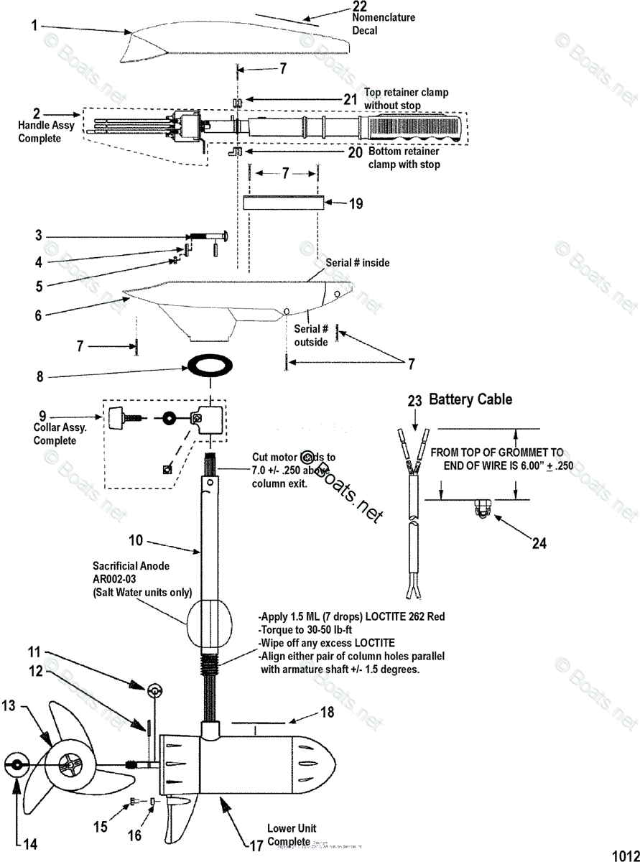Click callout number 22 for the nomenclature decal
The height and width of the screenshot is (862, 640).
click(360, 6)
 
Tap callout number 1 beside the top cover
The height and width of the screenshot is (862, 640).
click(34, 27)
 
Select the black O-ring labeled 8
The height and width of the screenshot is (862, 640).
click(210, 366)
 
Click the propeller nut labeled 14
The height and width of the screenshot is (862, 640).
click(15, 765)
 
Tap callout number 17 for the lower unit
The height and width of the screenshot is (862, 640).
click(256, 846)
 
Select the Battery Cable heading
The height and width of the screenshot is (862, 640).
click(470, 399)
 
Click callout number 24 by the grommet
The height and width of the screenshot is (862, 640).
click(538, 543)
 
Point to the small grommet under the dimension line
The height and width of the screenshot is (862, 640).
click(480, 510)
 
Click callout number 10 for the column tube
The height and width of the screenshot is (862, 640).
click(136, 539)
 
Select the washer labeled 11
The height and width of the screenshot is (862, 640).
click(154, 692)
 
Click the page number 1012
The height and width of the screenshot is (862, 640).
click(625, 855)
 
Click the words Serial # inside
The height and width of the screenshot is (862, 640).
click(358, 263)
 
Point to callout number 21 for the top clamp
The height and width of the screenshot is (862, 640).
click(349, 100)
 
